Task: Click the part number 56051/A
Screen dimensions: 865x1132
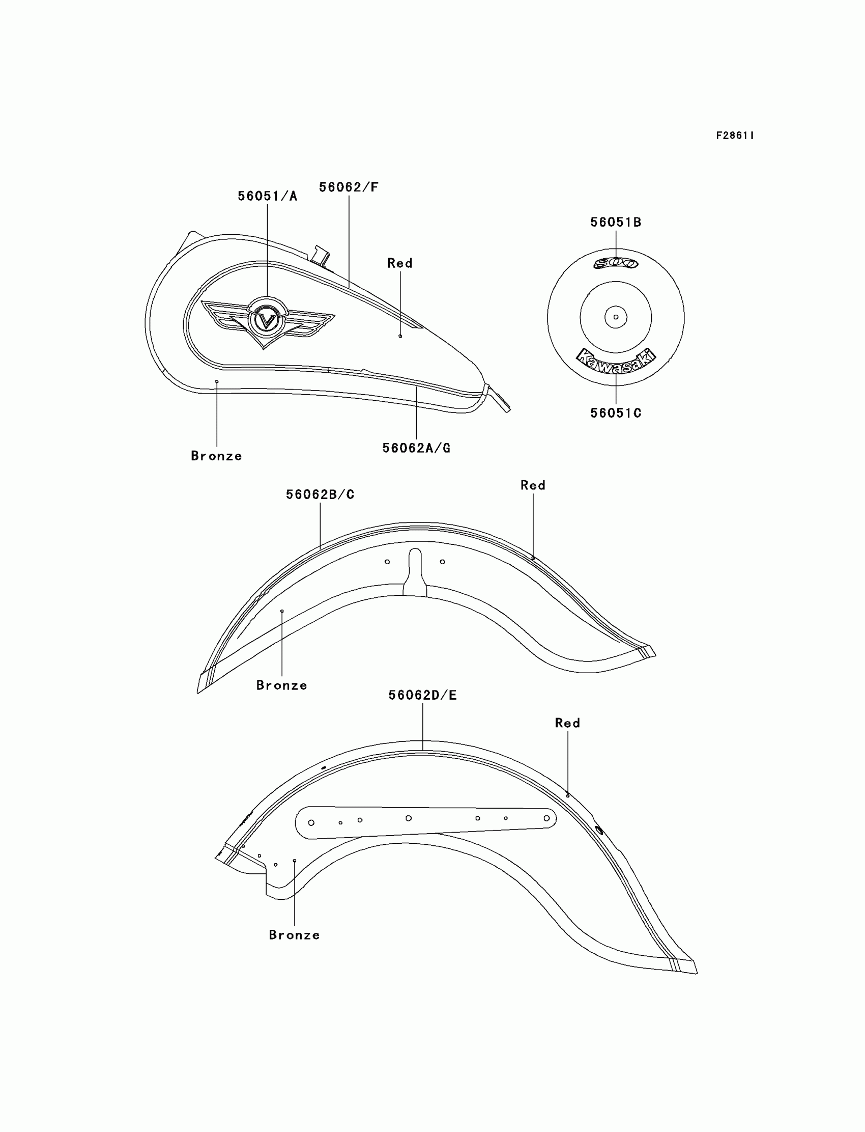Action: coord(267,197)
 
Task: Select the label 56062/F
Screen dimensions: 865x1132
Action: coord(349,187)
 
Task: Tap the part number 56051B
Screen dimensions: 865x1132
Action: coord(616,223)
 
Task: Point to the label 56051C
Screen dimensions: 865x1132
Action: coord(616,413)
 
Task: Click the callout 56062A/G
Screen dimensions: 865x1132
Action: coord(416,448)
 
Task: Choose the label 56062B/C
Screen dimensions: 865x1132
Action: coord(320,494)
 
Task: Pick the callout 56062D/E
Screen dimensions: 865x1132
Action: coord(423,696)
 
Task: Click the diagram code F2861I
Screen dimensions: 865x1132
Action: coord(735,135)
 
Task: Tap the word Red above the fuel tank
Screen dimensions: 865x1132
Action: coord(400,263)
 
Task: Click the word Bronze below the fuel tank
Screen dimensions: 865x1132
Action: coord(216,456)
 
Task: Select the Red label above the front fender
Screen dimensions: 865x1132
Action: coord(533,485)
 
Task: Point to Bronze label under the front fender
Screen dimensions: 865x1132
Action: coord(282,685)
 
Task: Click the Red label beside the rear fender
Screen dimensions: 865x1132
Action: coord(567,724)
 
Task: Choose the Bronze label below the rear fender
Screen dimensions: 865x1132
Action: coord(295,935)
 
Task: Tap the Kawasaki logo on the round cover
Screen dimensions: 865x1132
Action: coord(616,360)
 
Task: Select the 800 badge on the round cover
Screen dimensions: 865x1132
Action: coord(616,263)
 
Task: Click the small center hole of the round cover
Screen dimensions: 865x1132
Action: coord(616,317)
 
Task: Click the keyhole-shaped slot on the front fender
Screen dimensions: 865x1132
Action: coord(415,572)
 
